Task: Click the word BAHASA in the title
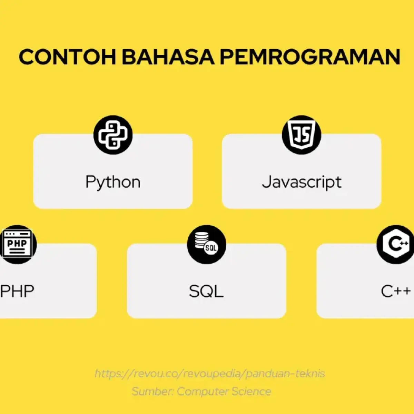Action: (x=168, y=57)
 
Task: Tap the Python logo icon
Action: (x=113, y=135)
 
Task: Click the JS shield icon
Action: (x=302, y=135)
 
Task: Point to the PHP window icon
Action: (x=17, y=245)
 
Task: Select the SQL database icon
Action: (x=206, y=245)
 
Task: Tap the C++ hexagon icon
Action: (x=395, y=245)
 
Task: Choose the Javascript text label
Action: (x=302, y=182)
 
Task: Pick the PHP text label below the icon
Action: (x=17, y=291)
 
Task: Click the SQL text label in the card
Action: (x=206, y=292)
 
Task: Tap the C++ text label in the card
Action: (x=396, y=291)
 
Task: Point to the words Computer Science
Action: (x=224, y=392)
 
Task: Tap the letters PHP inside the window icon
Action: (x=17, y=243)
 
